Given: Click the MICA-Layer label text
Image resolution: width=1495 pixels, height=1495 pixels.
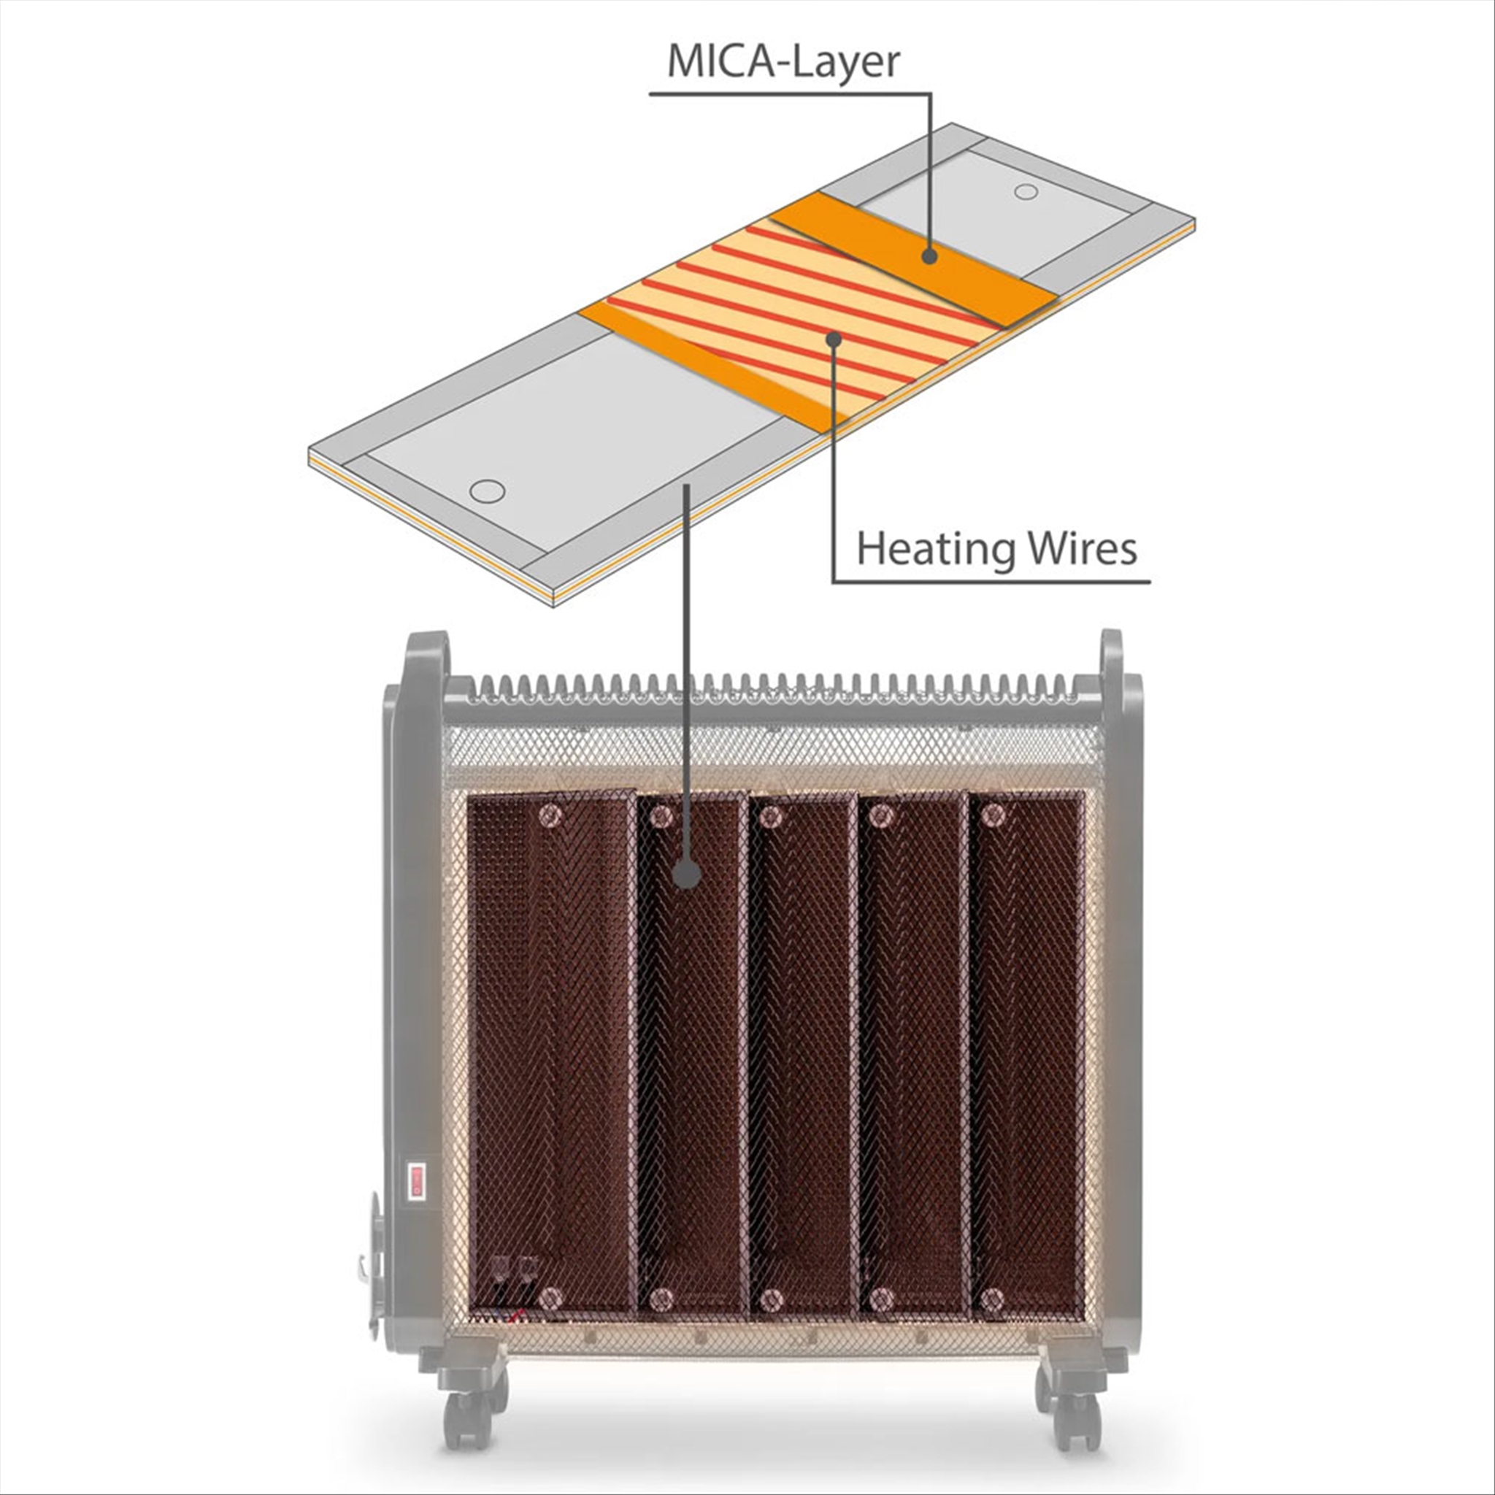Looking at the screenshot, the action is (784, 63).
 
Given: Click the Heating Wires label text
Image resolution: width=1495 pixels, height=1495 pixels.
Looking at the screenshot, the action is (996, 549).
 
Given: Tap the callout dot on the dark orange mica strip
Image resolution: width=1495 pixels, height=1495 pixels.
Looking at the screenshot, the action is (929, 256).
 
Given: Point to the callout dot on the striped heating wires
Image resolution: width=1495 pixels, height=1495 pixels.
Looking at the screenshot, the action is (834, 339).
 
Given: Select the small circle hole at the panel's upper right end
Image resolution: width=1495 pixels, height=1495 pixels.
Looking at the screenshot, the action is (1026, 191).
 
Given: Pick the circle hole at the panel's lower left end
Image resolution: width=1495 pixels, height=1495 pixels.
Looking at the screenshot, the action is (488, 491).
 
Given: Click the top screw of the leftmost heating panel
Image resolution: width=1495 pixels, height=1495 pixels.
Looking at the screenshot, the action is (551, 812).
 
